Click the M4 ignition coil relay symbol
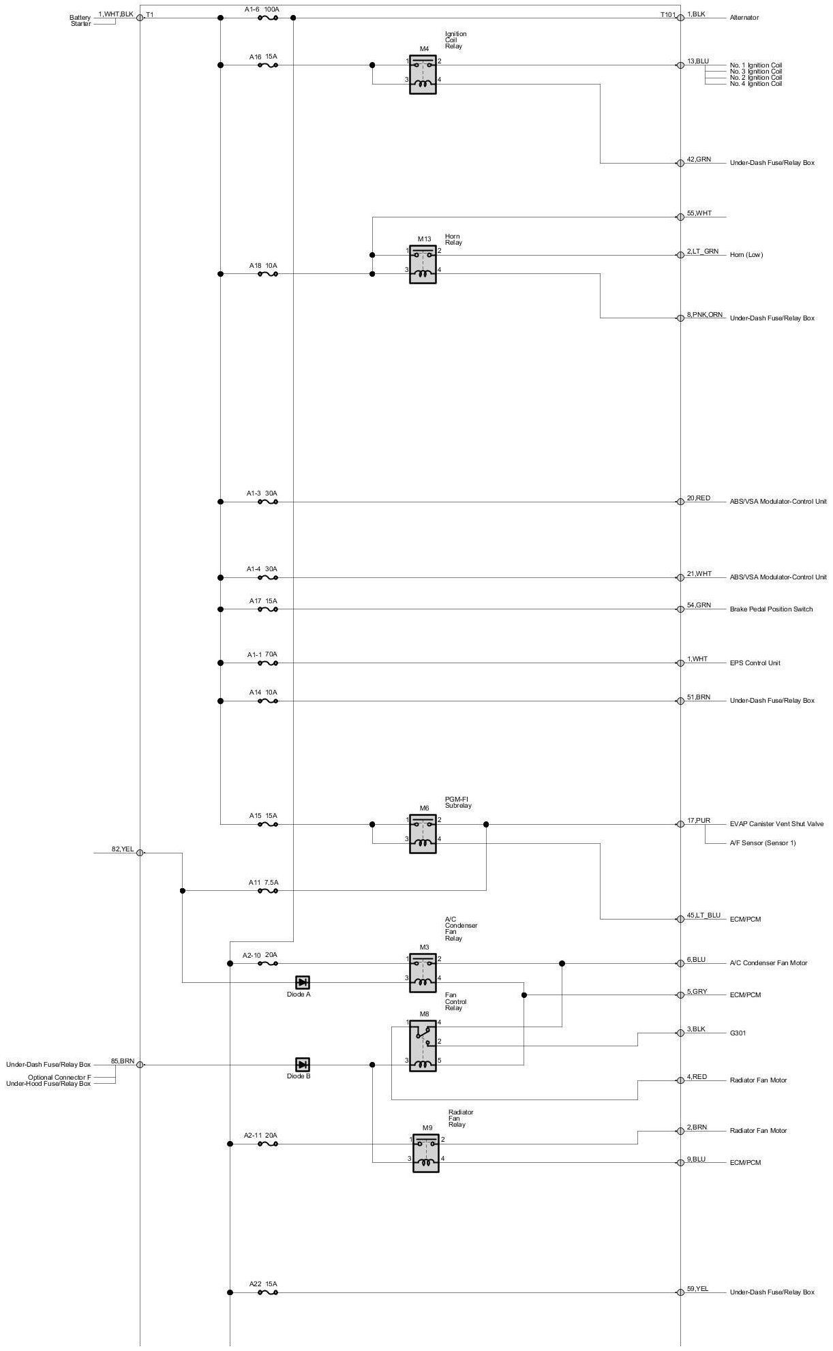(x=423, y=74)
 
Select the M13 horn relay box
(x=423, y=264)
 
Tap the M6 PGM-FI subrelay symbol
(x=423, y=833)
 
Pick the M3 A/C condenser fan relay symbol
(x=423, y=972)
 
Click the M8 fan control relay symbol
(x=423, y=1046)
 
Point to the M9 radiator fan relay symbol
(x=426, y=1153)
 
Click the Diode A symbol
(x=303, y=982)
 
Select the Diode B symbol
(x=303, y=1064)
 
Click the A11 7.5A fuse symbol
(x=267, y=890)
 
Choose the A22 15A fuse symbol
(x=267, y=1292)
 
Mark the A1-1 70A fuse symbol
(x=267, y=663)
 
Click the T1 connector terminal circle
(x=140, y=18)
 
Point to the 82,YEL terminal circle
(x=140, y=853)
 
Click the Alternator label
(x=744, y=18)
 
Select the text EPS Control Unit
(x=755, y=663)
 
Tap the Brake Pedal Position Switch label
(x=771, y=609)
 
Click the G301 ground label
(x=738, y=1033)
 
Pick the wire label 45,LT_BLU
(x=703, y=915)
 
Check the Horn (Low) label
(x=746, y=255)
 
